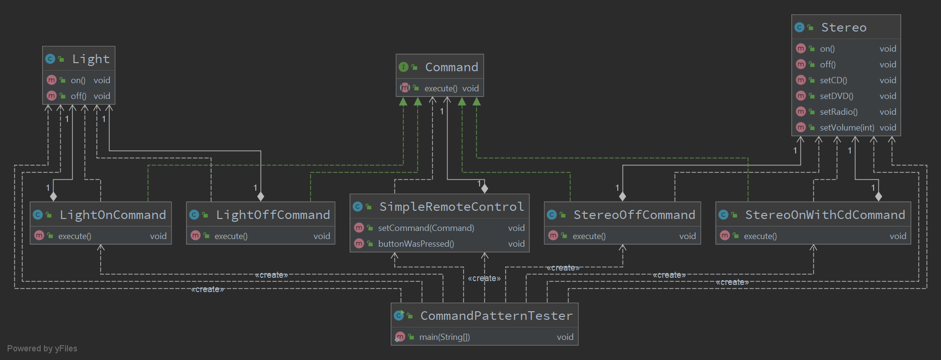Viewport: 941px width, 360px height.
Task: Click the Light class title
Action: point(90,59)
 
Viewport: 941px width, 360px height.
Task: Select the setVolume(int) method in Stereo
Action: point(846,128)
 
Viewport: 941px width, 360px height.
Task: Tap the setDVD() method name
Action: point(836,96)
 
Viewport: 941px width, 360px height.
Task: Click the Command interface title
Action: point(451,67)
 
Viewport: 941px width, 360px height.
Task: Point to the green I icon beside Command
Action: point(404,67)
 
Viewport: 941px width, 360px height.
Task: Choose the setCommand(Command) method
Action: point(426,228)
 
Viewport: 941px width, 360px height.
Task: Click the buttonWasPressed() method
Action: point(416,244)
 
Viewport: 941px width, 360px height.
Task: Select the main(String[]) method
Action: point(444,337)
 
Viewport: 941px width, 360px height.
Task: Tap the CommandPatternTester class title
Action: point(496,316)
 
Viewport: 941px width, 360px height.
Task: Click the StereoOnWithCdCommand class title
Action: point(825,215)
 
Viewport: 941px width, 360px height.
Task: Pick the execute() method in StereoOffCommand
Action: point(589,236)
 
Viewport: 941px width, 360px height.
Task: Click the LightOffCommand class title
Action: point(273,215)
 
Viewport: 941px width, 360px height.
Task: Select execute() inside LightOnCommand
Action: point(75,236)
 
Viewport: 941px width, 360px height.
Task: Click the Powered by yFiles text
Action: point(42,349)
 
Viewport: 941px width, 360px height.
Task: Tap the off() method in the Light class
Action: point(78,96)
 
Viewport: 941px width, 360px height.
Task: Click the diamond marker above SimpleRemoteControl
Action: point(484,188)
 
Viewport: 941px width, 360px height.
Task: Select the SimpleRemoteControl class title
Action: point(451,207)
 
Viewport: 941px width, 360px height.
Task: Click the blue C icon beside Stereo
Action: point(799,27)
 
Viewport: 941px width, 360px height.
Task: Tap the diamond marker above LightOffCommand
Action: point(261,196)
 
